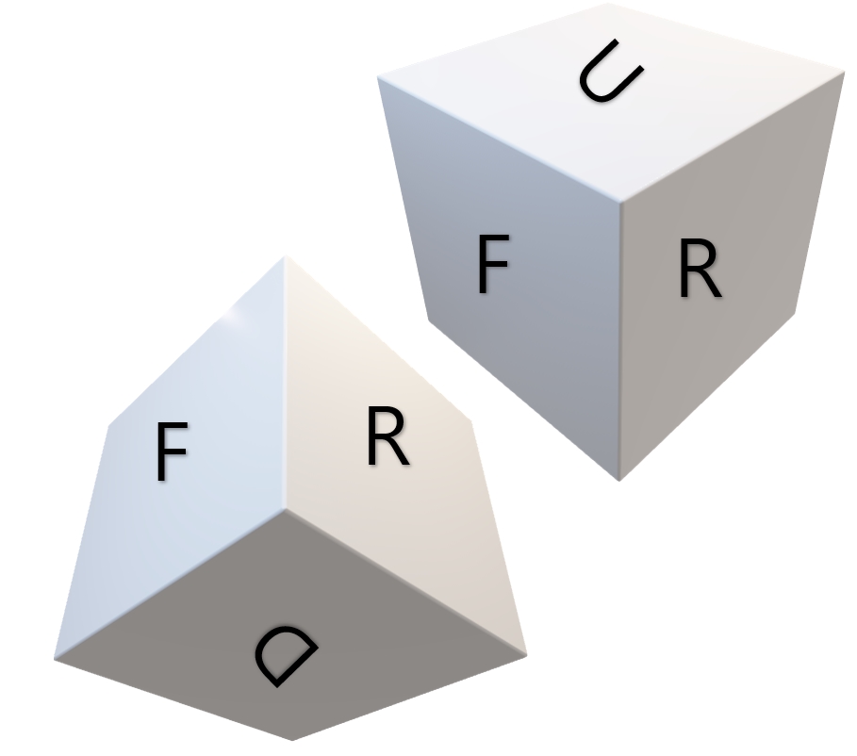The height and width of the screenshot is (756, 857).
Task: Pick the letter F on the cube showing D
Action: pyautogui.click(x=171, y=452)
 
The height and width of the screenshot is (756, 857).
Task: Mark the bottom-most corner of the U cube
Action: pyautogui.click(x=619, y=480)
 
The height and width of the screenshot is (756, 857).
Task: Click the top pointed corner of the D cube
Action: pyautogui.click(x=284, y=257)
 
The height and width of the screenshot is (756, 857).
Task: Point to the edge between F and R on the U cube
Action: pyautogui.click(x=620, y=339)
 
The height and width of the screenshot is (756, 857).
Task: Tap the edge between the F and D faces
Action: pyautogui.click(x=170, y=584)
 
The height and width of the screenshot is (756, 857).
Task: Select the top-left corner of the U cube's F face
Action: pyautogui.click(x=378, y=78)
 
